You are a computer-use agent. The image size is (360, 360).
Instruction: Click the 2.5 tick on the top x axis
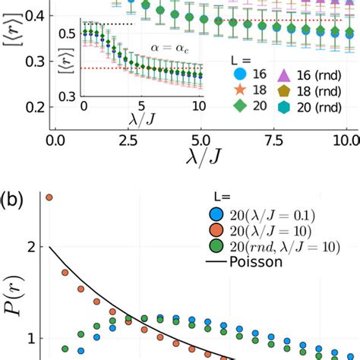(x=127, y=141)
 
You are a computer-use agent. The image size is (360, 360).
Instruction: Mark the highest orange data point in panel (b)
(x=49, y=197)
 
